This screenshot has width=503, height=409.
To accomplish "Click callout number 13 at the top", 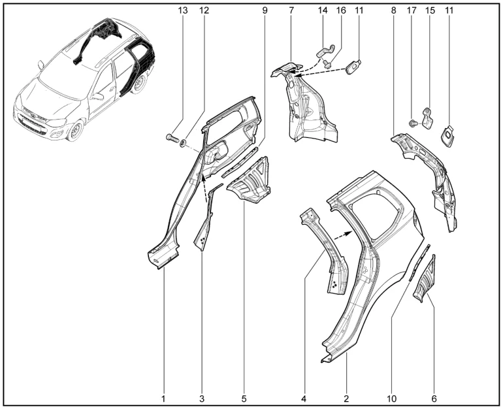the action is (x=182, y=10).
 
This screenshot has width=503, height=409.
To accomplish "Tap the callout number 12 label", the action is (x=204, y=10).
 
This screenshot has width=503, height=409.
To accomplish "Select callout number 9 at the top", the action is (x=265, y=10).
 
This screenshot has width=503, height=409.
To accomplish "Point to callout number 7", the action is (x=291, y=10).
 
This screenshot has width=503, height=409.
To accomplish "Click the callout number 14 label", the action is (x=323, y=10).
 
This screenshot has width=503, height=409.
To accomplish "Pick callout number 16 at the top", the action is (x=341, y=10).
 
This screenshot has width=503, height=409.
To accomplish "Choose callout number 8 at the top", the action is (x=394, y=10).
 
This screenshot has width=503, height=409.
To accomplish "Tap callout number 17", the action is (x=412, y=10).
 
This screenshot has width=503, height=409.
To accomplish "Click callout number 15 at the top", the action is (x=430, y=10).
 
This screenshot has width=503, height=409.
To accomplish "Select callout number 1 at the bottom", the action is (x=163, y=399).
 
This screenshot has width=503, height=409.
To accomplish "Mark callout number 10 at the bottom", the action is (x=392, y=399).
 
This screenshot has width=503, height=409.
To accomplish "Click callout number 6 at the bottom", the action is (x=434, y=399).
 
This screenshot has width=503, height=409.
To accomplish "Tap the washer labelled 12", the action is (x=184, y=142).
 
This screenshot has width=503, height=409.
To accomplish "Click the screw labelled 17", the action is (x=413, y=123).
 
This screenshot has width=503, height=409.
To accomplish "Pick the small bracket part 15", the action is (x=428, y=118).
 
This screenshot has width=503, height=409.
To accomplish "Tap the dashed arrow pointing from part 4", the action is (x=342, y=236).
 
